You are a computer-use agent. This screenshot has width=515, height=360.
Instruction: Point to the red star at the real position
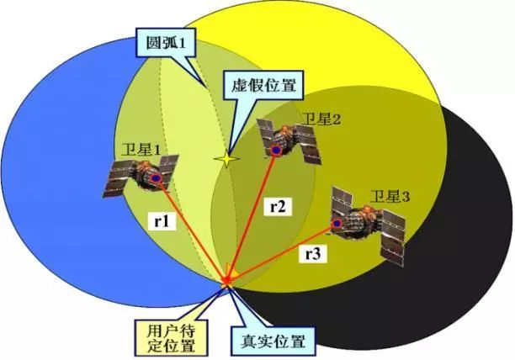(x=228, y=281)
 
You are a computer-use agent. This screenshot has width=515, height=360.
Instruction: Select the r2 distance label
(x=279, y=205)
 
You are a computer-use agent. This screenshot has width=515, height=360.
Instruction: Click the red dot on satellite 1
(x=157, y=178)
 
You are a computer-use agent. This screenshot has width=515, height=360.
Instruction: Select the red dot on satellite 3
(x=337, y=225)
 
